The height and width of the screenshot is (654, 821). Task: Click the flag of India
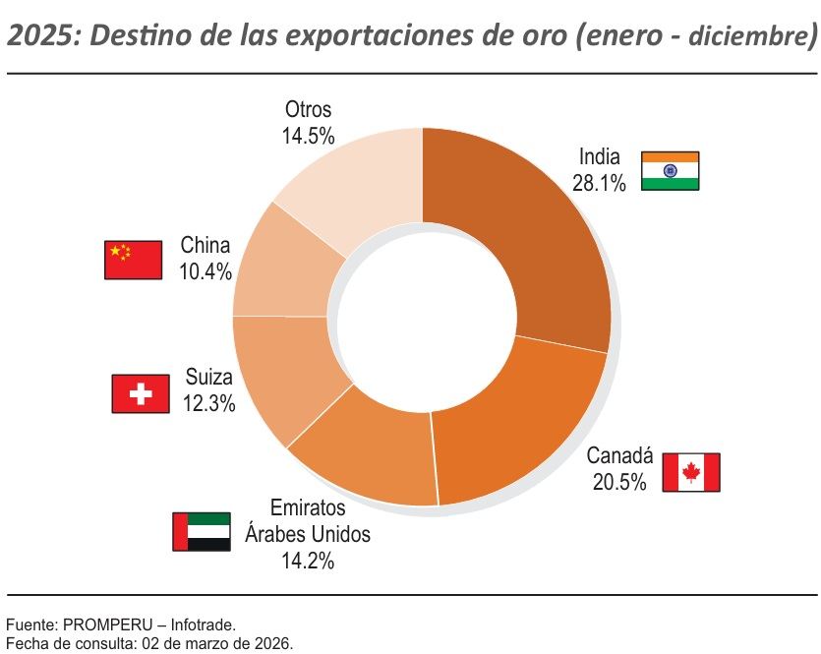(670, 170)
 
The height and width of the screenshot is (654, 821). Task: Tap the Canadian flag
(690, 472)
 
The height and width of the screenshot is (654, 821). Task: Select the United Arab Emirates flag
(202, 531)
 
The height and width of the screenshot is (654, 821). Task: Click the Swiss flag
(142, 393)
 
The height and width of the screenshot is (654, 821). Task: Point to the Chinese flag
(133, 260)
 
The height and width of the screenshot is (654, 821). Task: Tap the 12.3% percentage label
(208, 402)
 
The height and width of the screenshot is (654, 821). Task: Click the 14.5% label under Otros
(308, 136)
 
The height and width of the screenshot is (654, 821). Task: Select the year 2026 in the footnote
(274, 643)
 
